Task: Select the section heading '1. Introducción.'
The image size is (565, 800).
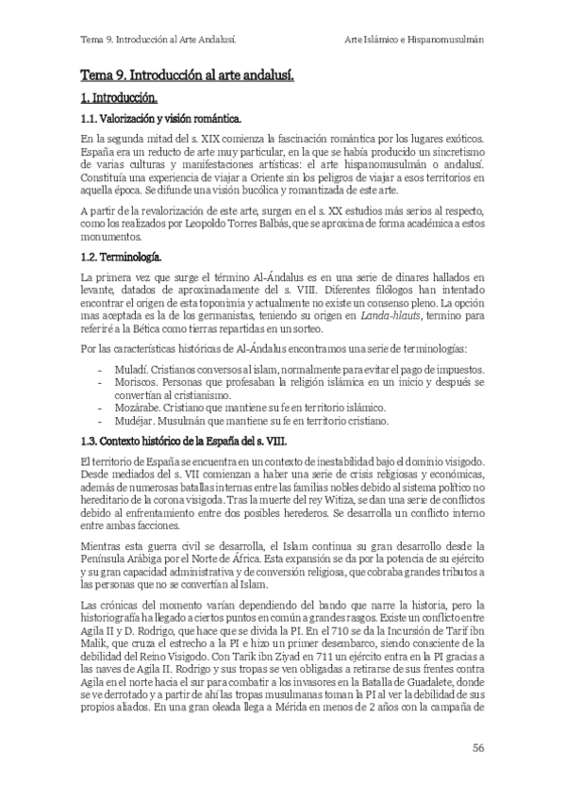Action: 119,98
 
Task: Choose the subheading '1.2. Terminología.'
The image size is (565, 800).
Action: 121,257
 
